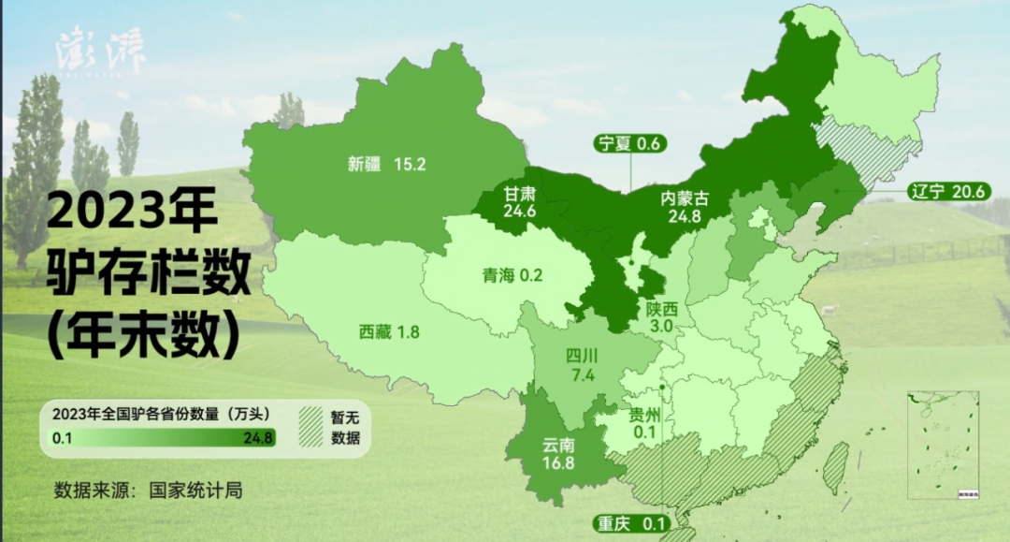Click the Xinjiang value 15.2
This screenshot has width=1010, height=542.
point(410,164)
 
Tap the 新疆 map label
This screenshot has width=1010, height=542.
point(365,164)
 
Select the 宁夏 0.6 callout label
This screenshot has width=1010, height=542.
point(629,143)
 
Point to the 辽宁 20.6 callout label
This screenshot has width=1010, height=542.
point(946,192)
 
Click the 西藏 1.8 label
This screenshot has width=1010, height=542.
point(389,331)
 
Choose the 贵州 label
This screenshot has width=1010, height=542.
point(644,415)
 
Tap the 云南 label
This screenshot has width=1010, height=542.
point(557,444)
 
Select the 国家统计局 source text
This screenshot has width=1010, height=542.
point(195,490)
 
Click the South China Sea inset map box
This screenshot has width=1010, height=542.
point(943,445)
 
